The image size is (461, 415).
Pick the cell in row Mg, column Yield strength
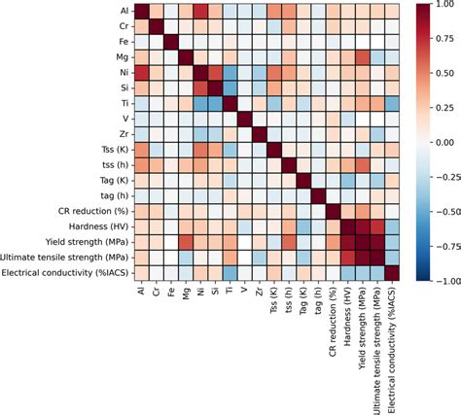[355, 57]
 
